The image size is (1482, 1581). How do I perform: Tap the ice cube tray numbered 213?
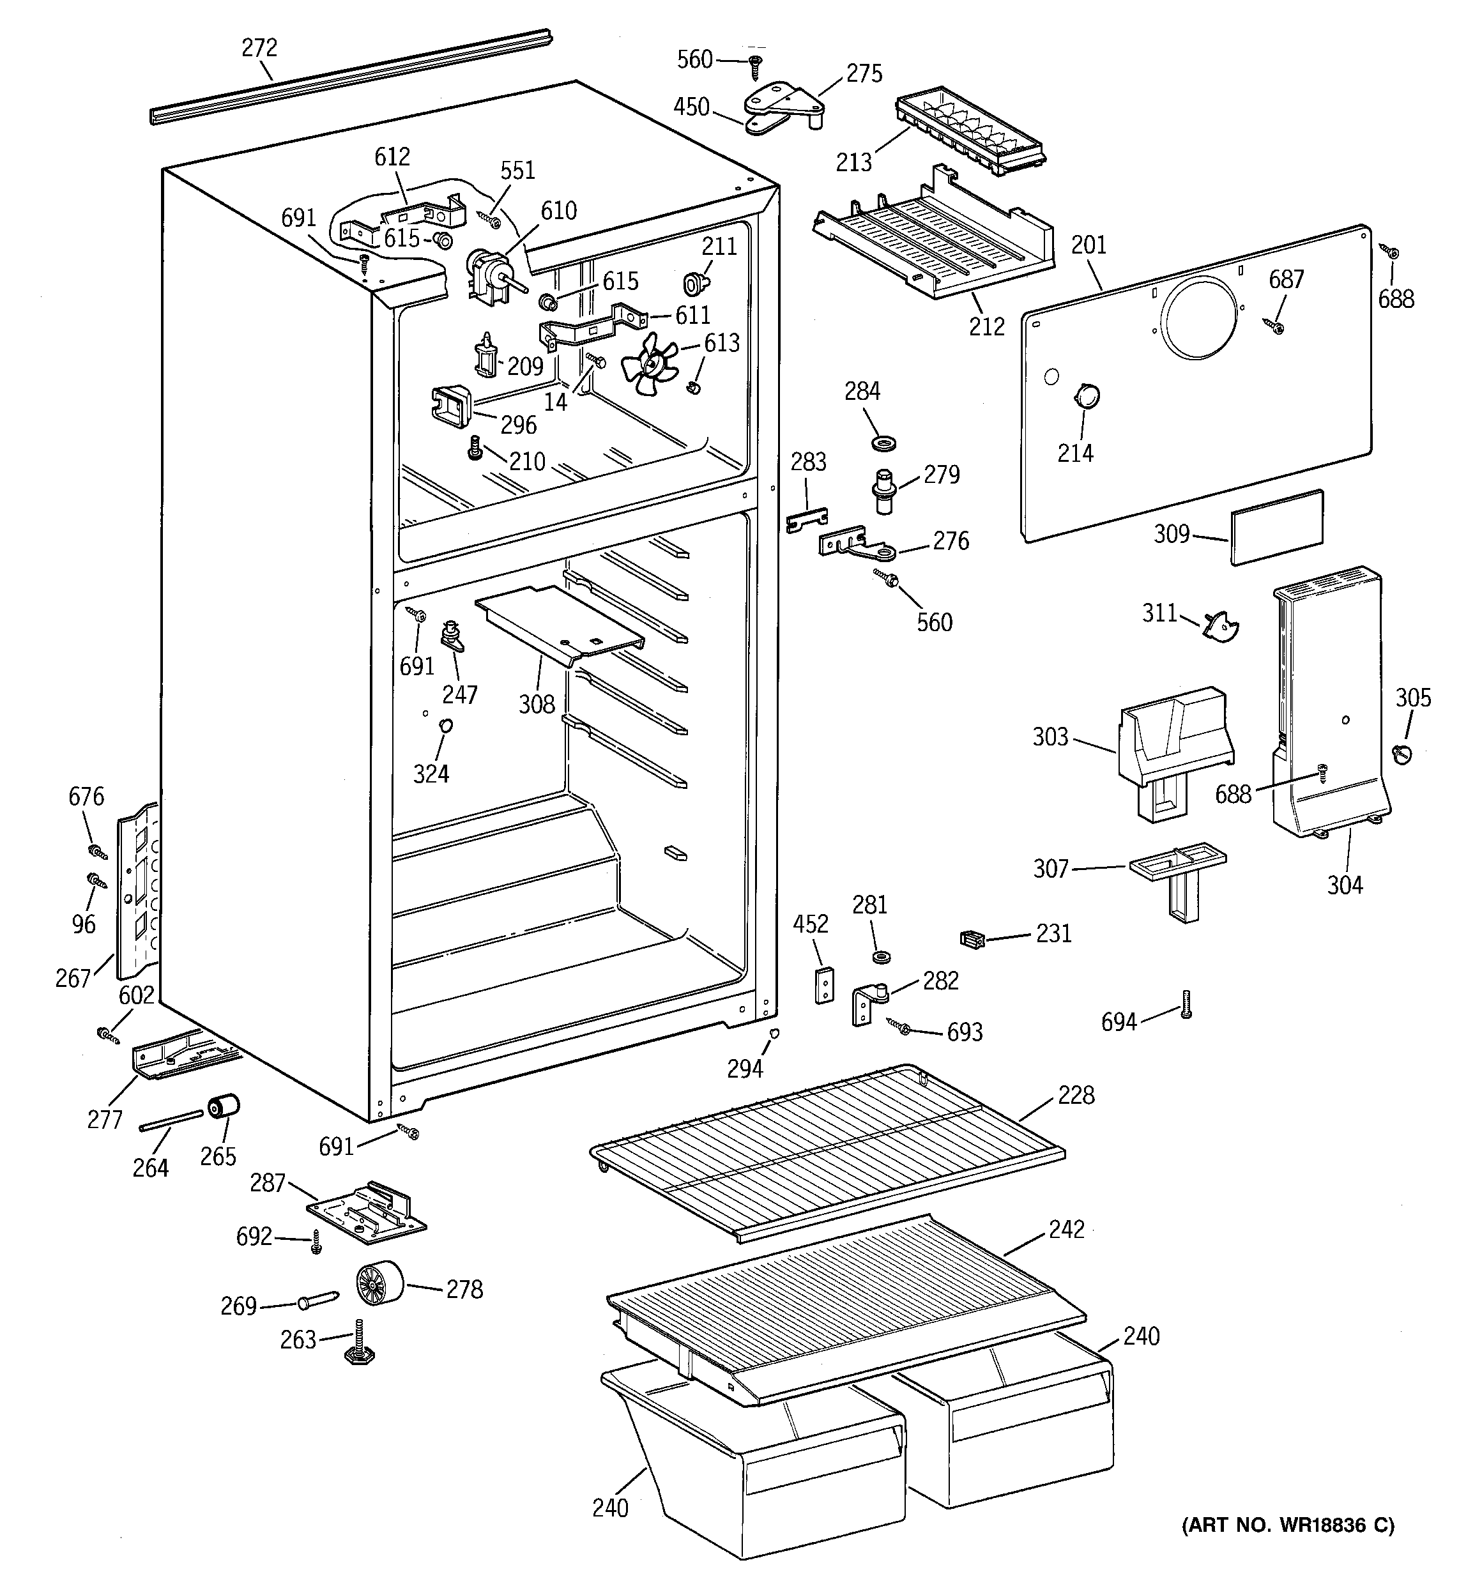coord(970,133)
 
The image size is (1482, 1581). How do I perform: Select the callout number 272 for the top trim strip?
coord(259,49)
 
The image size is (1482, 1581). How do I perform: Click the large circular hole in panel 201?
coord(1200,316)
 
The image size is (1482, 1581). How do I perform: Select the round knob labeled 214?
coord(1087,395)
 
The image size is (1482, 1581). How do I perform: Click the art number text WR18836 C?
coord(1288,1525)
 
